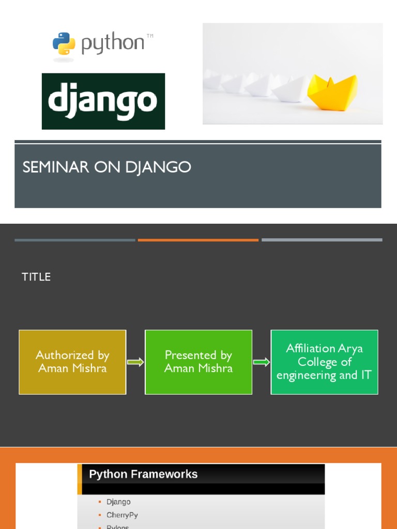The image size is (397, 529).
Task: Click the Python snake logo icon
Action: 64,43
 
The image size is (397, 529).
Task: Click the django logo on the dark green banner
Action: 103,101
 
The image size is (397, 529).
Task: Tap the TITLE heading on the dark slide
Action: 36,277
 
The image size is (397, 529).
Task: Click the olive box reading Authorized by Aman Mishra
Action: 72,362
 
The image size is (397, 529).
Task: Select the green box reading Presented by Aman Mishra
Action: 198,362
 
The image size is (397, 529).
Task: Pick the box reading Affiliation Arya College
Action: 325,362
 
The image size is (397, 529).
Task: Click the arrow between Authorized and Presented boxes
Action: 135,362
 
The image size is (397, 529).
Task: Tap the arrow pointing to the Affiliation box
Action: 262,362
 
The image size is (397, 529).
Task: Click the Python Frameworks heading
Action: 143,474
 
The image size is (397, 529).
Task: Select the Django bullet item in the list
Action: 118,502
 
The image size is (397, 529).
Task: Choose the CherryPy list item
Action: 122,515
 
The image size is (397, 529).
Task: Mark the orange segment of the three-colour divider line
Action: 198,240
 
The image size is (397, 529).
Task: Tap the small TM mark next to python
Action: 150,36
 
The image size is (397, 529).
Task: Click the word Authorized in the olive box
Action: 66,355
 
